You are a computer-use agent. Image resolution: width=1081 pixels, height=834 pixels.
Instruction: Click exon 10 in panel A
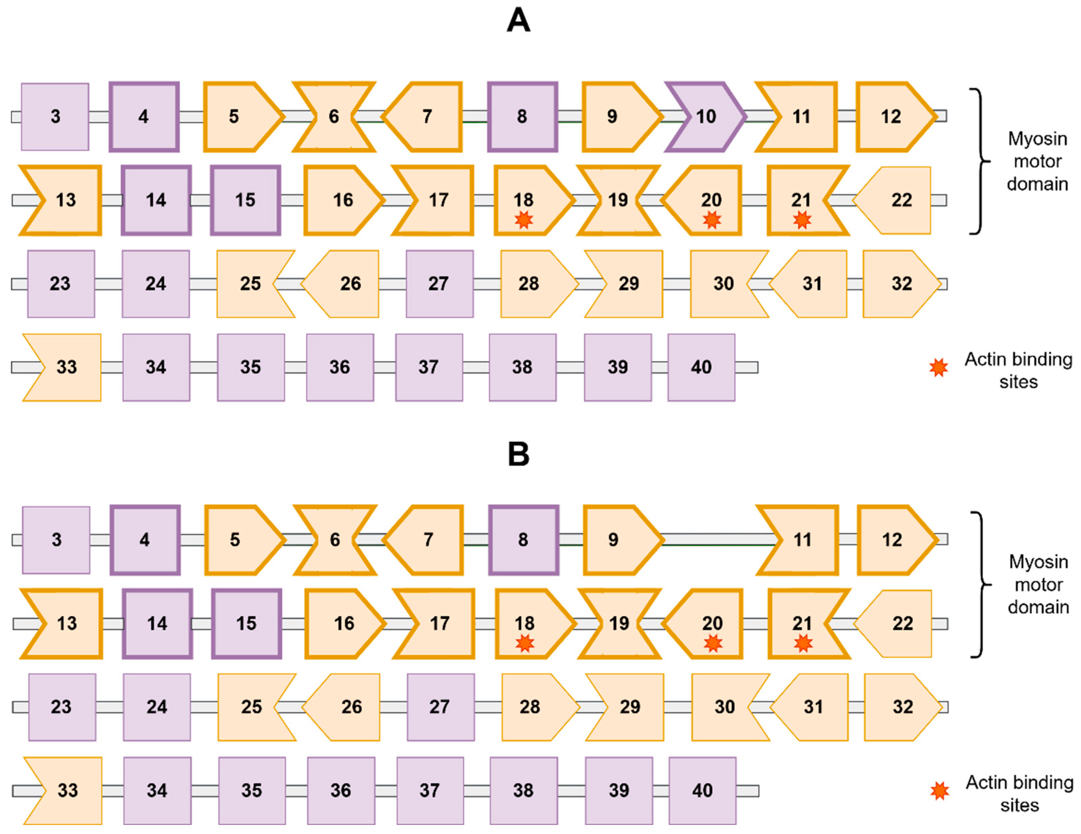(705, 117)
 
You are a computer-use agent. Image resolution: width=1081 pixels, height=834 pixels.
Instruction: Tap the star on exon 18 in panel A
(524, 219)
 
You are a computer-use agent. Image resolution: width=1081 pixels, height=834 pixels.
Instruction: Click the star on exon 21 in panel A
(802, 219)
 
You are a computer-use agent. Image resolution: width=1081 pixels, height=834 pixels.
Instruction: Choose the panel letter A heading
(518, 21)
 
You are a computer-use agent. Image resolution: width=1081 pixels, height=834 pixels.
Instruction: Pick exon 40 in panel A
(701, 367)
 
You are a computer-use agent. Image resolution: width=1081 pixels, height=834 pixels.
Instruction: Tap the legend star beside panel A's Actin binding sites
(938, 368)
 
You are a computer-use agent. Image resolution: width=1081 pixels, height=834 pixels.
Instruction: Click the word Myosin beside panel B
(1039, 562)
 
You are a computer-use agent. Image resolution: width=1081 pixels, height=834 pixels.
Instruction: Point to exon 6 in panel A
(334, 117)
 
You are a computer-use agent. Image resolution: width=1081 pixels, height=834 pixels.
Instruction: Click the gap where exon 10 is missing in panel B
(710, 539)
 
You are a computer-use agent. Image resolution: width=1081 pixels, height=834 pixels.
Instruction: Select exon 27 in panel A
(439, 284)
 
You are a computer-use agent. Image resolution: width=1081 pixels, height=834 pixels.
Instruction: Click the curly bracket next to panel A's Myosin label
(979, 161)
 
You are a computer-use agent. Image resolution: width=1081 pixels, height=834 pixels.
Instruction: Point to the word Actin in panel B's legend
(986, 782)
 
